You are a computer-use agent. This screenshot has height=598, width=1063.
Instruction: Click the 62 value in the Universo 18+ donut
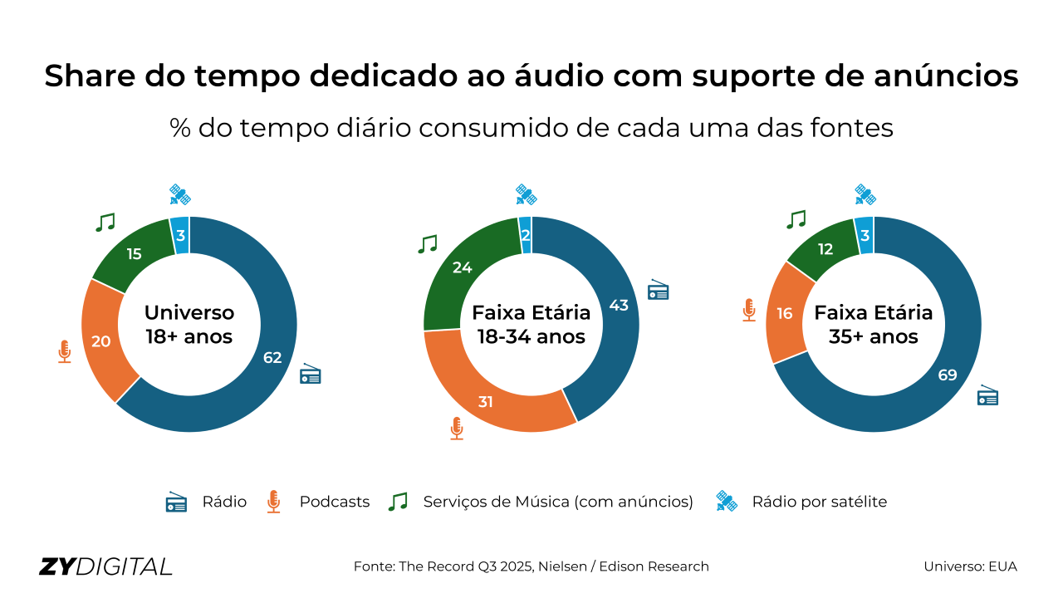[272, 358]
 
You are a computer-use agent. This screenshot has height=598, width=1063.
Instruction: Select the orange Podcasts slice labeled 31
[486, 401]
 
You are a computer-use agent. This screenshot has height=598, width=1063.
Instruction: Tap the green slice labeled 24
[463, 267]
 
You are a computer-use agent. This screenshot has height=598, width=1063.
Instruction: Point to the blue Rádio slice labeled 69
[948, 375]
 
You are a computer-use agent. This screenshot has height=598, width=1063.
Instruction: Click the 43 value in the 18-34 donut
[619, 305]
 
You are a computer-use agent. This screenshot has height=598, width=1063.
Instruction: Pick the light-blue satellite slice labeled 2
[525, 235]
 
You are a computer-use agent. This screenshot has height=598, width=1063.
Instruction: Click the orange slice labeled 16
[785, 313]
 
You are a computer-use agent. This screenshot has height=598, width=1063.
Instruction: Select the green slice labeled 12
[825, 249]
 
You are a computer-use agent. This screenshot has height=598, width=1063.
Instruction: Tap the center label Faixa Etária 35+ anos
[874, 325]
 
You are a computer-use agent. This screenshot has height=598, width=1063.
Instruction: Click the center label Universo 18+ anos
[189, 325]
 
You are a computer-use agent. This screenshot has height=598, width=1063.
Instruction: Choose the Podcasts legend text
[335, 502]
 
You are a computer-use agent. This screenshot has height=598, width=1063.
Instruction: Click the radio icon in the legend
[176, 502]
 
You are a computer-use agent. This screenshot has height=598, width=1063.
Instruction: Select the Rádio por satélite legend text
[819, 502]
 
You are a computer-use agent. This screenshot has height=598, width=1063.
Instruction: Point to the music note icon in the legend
[399, 502]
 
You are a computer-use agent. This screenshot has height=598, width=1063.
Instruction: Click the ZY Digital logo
[105, 566]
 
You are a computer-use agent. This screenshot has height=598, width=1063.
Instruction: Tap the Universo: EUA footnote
[970, 566]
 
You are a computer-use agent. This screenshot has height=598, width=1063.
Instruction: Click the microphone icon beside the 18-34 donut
[456, 428]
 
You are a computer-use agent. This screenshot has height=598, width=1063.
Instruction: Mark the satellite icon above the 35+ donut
[865, 194]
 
